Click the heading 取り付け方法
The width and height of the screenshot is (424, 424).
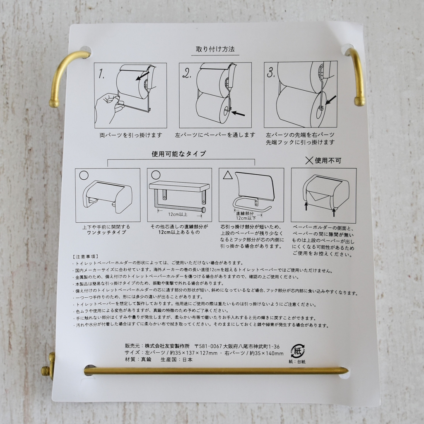[x=215, y=49]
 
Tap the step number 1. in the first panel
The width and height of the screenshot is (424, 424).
[x=102, y=74]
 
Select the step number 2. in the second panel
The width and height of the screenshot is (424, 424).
[x=187, y=73]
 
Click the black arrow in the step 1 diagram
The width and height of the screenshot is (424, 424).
[x=142, y=76]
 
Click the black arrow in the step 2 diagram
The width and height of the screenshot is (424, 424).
[x=238, y=113]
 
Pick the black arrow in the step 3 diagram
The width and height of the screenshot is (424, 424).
[x=331, y=100]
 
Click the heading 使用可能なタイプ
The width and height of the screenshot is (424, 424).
[x=179, y=154]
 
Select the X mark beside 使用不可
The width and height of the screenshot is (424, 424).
[x=309, y=161]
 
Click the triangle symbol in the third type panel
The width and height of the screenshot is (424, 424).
[x=228, y=175]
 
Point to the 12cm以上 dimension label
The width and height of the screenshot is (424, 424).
[x=178, y=214]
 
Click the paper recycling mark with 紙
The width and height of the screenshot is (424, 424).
[x=297, y=351]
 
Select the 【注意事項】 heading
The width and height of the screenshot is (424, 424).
[x=85, y=257]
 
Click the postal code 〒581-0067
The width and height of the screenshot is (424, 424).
[x=208, y=347]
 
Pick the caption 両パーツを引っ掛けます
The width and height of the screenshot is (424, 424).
[x=131, y=135]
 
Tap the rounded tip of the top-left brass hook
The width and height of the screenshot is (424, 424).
[x=54, y=104]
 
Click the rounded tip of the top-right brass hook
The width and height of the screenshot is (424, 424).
[x=359, y=101]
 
